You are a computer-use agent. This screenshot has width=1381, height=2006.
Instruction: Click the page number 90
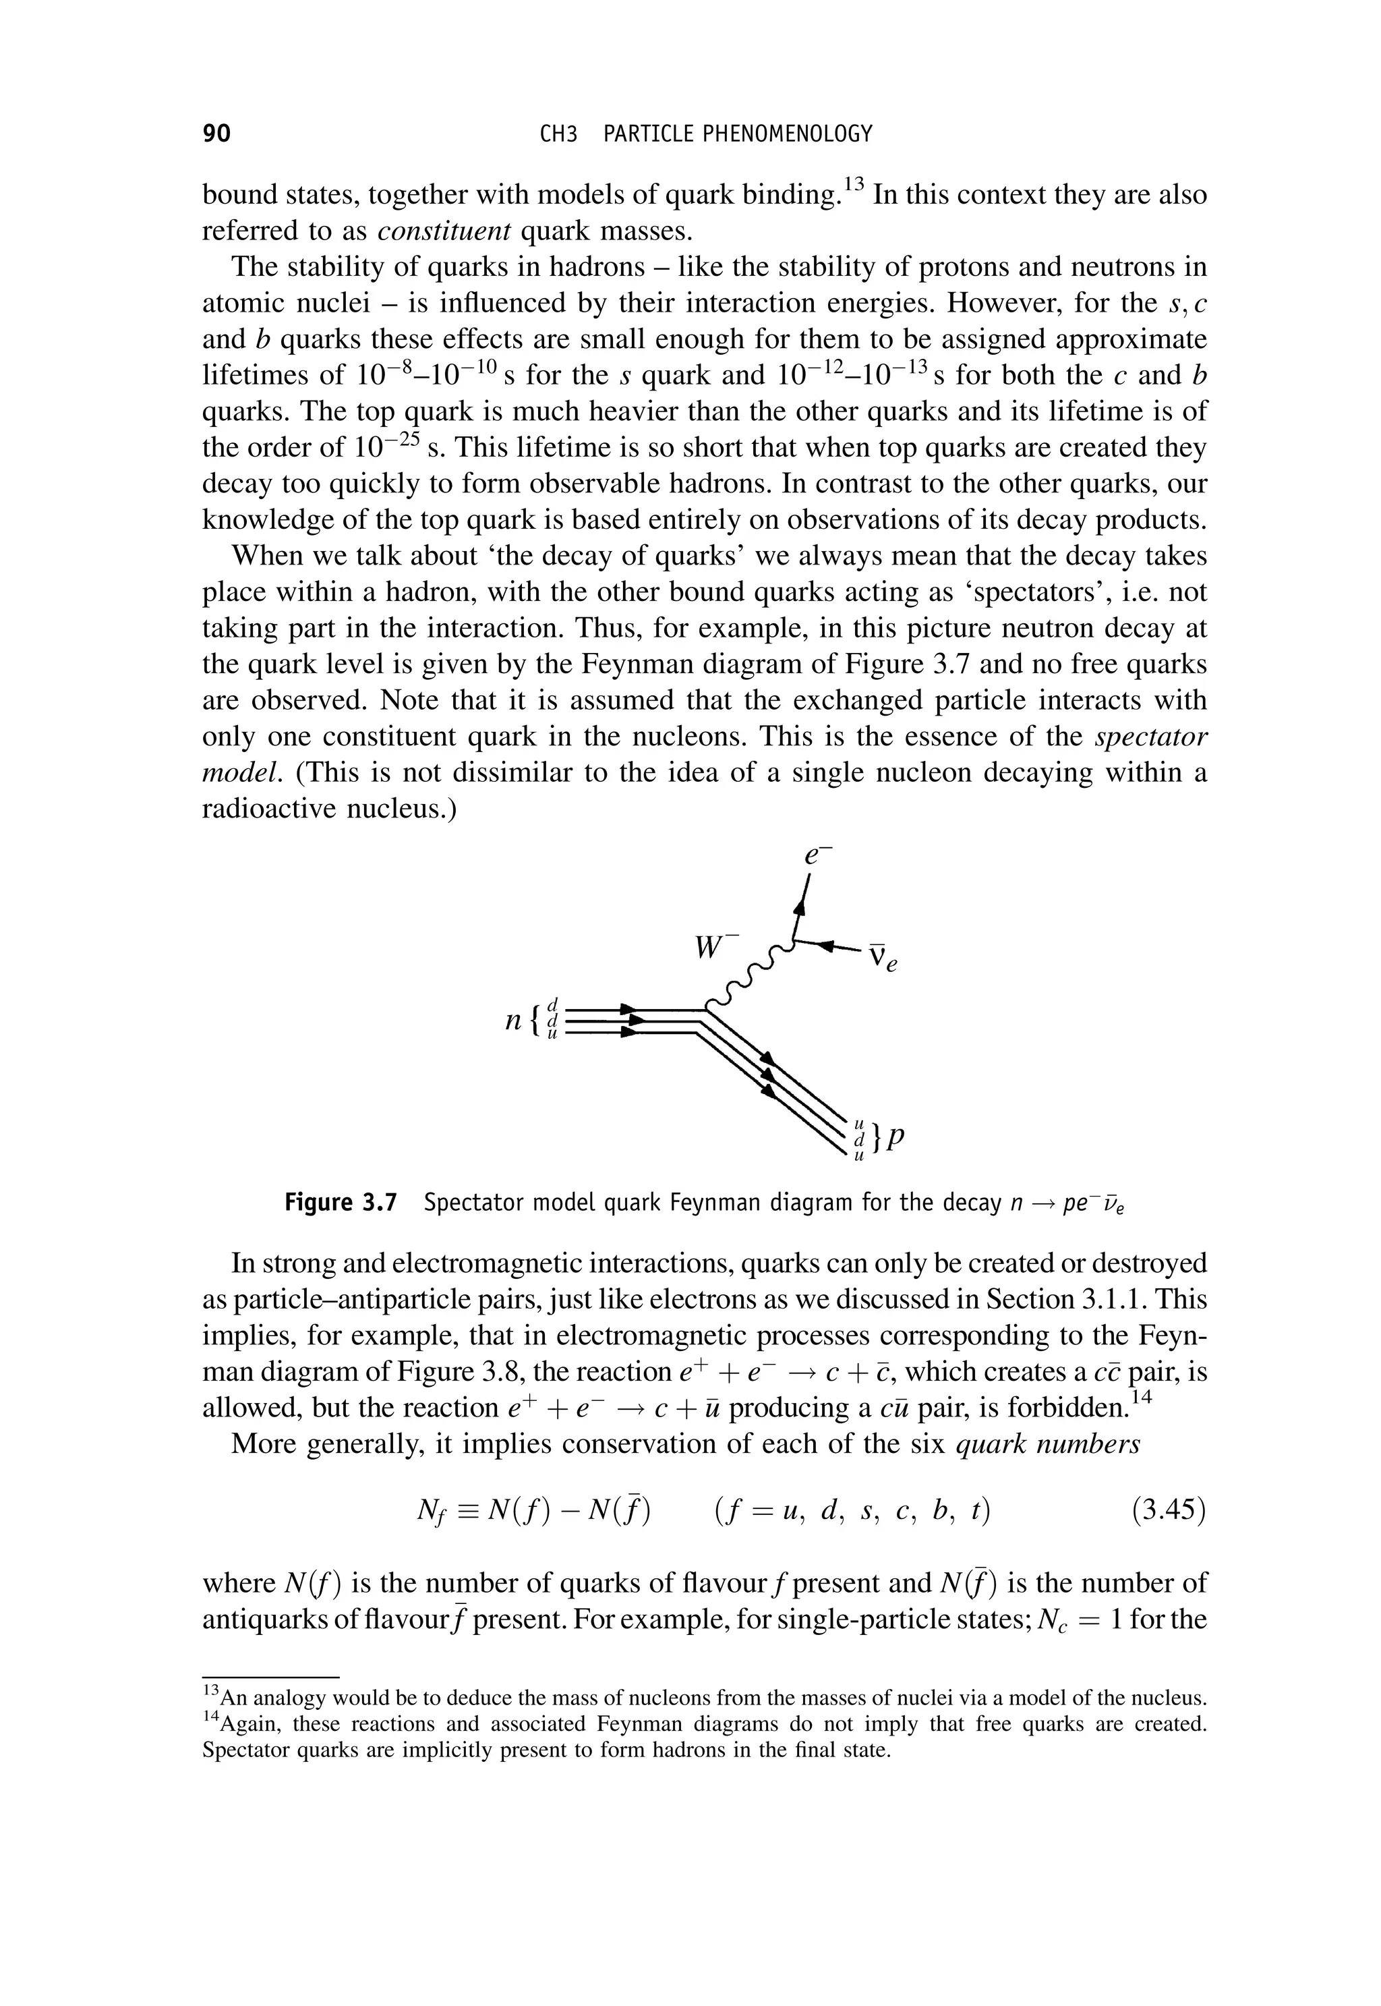pos(216,134)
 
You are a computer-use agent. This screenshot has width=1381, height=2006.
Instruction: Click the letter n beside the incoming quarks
pos(514,1021)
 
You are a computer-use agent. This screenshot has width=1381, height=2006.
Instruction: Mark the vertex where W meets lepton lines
pos(794,942)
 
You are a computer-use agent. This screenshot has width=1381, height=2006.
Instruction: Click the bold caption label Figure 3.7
pos(340,1204)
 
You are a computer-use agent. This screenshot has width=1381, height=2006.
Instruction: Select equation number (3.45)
pos(1168,1510)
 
